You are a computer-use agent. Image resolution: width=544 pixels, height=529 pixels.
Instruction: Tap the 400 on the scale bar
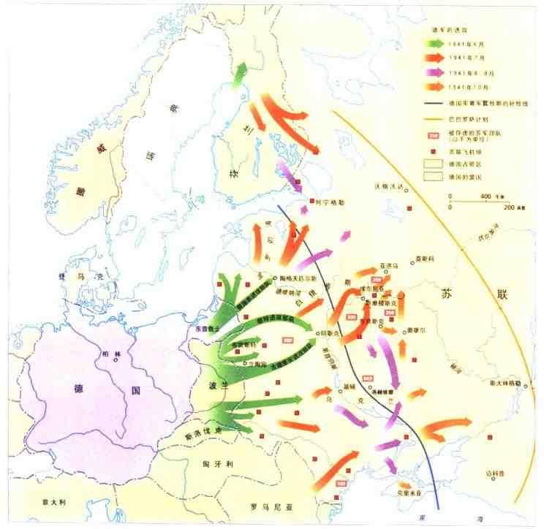tap(486, 197)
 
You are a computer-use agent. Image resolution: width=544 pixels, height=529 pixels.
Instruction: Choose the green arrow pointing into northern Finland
tap(238, 75)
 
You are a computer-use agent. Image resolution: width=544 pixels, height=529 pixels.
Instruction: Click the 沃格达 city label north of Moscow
tap(388, 188)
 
